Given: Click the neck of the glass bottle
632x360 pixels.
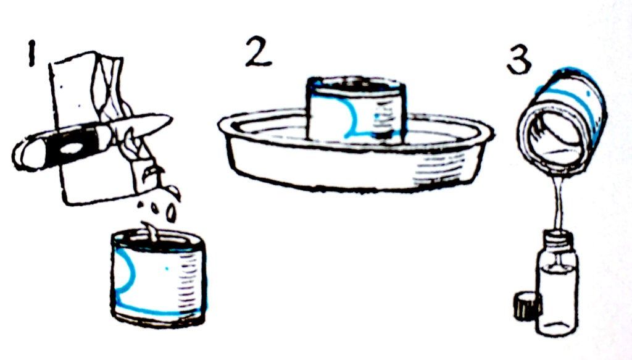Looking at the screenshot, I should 557,238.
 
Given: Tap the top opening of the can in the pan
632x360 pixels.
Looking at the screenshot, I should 357,83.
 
